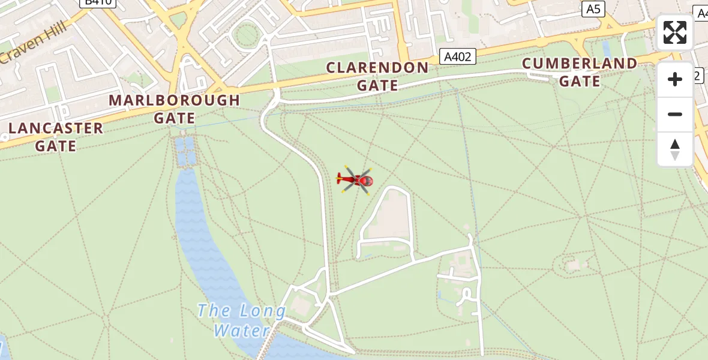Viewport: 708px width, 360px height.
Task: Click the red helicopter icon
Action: point(356,179)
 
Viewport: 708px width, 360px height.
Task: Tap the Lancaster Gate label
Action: point(56,137)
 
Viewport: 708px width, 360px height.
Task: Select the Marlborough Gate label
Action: point(174,109)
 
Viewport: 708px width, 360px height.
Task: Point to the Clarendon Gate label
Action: point(377,76)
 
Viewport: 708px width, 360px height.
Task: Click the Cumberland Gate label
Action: point(580,72)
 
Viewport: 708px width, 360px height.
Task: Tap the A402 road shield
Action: point(457,56)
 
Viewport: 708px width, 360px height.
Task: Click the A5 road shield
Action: point(593,8)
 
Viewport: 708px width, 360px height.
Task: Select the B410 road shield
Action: point(98,3)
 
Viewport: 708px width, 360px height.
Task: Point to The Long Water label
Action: point(242,320)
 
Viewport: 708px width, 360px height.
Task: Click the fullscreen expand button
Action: point(675,32)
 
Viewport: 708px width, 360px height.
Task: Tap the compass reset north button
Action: point(675,149)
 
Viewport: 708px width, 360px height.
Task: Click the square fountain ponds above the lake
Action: point(186,151)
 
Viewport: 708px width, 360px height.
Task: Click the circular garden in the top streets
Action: point(247,36)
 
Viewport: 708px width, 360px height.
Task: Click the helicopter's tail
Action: point(341,178)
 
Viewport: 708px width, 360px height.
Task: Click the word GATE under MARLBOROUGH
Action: point(174,118)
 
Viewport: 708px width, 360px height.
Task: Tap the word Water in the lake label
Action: point(241,330)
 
